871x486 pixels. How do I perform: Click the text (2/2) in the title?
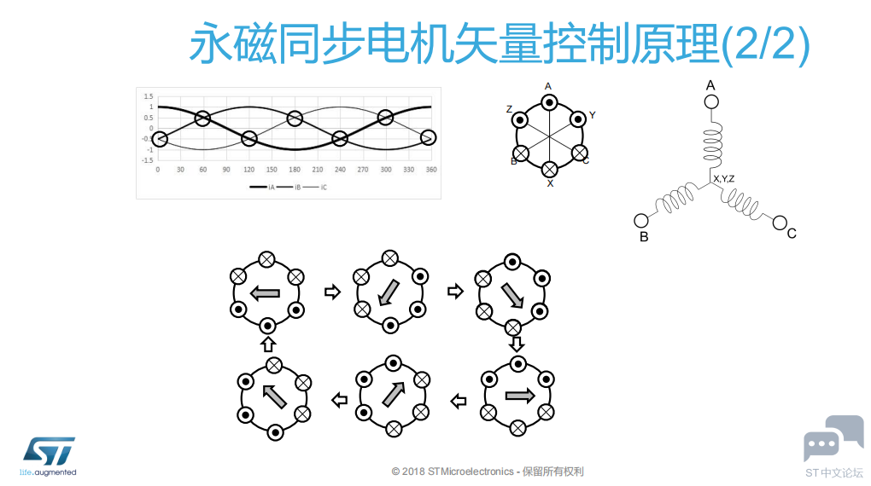pos(765,43)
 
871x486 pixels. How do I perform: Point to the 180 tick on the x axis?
pos(295,170)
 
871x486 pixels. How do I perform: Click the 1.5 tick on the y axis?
pos(149,96)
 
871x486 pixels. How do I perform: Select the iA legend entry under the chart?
pos(262,188)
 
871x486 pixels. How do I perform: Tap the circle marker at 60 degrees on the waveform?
pos(202,119)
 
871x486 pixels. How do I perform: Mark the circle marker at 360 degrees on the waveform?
pos(429,137)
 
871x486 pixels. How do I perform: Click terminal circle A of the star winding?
pos(711,102)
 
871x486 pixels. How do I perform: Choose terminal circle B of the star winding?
pos(641,221)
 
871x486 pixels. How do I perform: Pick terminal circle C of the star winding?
pos(780,223)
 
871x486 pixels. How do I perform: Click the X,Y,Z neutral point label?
pos(724,179)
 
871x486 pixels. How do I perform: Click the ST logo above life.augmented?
pos(49,452)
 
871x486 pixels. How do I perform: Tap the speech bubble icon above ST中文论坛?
pos(833,438)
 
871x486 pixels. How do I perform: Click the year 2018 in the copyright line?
pos(413,472)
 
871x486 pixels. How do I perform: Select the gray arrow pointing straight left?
pos(265,293)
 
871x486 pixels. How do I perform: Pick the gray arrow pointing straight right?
pos(520,396)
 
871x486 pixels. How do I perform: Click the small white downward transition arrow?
pos(517,344)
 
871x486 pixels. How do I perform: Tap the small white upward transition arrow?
pos(268,344)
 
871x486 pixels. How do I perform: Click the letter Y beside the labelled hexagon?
pos(592,115)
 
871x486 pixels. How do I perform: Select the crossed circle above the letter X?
pos(549,169)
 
